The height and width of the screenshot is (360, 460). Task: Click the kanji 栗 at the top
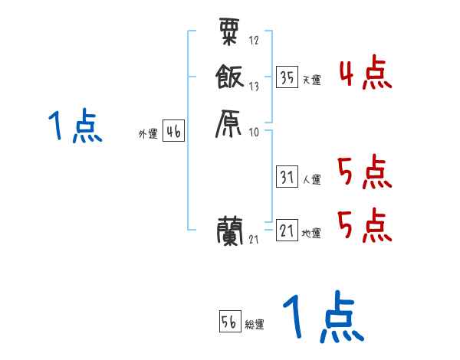click(x=230, y=32)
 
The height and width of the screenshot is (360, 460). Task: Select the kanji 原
click(x=230, y=123)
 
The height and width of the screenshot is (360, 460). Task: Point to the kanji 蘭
click(x=230, y=230)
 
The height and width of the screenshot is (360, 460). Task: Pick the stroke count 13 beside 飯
click(x=254, y=87)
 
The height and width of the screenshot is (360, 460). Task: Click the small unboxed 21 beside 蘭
click(x=254, y=240)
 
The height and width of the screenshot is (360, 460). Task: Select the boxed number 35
click(x=287, y=77)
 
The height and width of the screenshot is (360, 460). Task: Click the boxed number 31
click(x=287, y=177)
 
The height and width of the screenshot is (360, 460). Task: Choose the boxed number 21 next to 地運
click(x=287, y=231)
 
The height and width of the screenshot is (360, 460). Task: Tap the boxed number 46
click(x=173, y=132)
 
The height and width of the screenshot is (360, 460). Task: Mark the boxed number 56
click(x=229, y=322)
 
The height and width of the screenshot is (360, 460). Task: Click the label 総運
click(x=255, y=325)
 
